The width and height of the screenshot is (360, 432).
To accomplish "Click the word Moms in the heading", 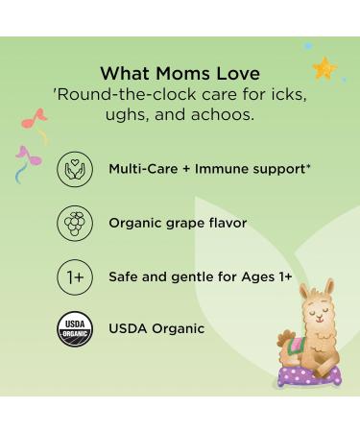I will [x=179, y=72].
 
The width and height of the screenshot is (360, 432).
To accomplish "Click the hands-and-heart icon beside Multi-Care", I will [x=74, y=169].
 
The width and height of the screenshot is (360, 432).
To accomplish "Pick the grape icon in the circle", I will [x=74, y=223].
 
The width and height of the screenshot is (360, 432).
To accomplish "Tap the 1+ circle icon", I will [x=74, y=276].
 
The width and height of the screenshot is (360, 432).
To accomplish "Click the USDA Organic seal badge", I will [x=74, y=328].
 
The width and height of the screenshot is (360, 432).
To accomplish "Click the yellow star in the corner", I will [x=324, y=69].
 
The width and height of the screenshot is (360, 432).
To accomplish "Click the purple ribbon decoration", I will [x=27, y=156].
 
